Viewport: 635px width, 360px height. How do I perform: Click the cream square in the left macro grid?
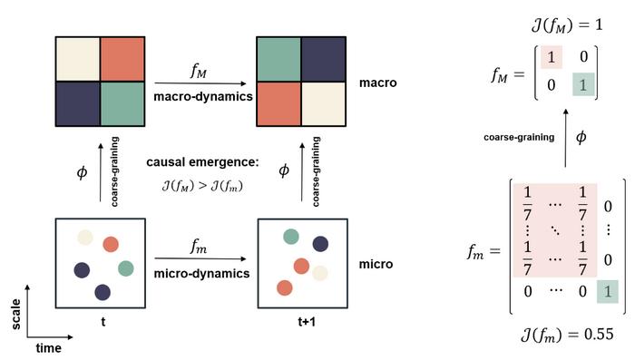[78, 59]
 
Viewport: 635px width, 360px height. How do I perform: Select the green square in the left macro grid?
[122, 102]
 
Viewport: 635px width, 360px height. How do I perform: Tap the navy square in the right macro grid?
[323, 59]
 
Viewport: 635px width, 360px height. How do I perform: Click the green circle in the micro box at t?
[125, 268]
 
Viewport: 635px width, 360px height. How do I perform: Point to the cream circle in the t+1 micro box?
[321, 271]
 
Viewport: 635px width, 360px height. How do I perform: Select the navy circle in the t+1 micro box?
[319, 243]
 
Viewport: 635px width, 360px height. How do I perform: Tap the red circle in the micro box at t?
[111, 244]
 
